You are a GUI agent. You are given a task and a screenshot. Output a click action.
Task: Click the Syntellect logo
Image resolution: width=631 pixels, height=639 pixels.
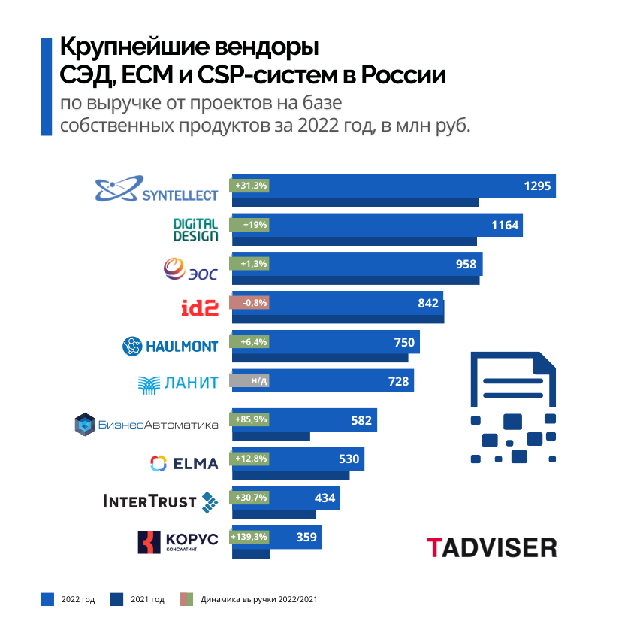point(156,189)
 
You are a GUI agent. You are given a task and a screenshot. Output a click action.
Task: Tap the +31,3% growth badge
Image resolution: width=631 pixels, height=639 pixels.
point(250,186)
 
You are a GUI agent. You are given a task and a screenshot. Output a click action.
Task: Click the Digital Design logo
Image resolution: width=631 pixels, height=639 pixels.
point(195,229)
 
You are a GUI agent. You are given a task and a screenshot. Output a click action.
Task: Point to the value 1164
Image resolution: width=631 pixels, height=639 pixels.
point(505,225)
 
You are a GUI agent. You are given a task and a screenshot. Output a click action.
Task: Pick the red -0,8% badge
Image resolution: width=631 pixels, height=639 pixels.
point(251,303)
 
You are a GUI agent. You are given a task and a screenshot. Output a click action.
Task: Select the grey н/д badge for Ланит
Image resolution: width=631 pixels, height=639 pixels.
point(251,381)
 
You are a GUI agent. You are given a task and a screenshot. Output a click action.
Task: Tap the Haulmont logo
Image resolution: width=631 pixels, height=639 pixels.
point(171,346)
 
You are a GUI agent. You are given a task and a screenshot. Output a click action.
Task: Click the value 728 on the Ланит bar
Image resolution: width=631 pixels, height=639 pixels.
point(398,381)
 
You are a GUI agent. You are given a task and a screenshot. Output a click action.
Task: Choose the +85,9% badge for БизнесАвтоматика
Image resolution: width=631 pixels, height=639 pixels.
point(251,419)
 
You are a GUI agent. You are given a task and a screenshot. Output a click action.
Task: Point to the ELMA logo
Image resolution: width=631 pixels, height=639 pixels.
point(184,462)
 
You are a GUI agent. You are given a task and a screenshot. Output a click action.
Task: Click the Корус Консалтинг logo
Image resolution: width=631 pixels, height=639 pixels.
point(177,542)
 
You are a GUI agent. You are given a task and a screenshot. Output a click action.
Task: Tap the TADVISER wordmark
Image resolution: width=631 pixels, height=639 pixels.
point(491,547)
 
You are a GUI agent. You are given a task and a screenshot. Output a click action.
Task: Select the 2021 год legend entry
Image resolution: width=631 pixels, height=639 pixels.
point(138,599)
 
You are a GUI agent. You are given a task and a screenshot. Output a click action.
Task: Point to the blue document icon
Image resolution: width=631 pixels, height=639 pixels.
point(513,406)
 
